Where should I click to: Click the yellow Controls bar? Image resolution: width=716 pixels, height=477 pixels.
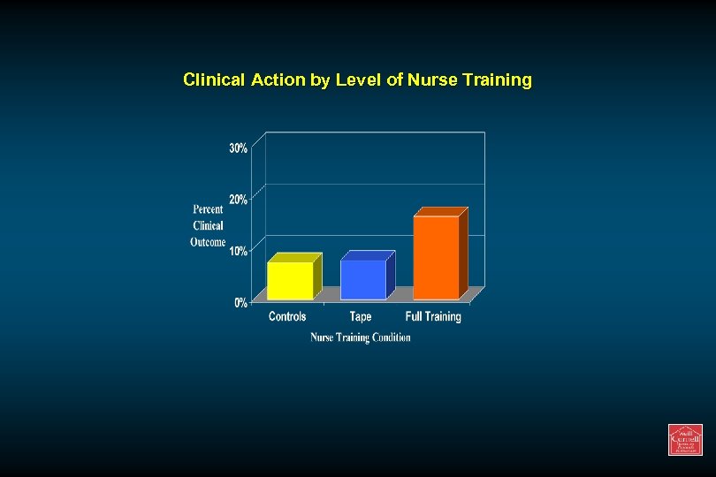(291, 280)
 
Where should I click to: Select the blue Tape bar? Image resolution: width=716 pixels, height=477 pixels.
(363, 279)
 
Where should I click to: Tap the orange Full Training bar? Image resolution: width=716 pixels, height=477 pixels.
(437, 257)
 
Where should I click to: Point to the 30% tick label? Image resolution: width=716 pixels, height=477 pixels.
(239, 148)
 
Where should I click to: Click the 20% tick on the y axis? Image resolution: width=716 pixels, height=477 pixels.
(239, 200)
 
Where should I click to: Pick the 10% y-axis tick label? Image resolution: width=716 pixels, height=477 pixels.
(239, 252)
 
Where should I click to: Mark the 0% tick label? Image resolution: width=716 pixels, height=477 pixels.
(240, 303)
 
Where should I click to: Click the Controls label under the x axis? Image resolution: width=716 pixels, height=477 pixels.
(287, 317)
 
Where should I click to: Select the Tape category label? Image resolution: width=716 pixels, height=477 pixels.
(361, 317)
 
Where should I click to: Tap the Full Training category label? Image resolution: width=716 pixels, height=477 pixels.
(433, 317)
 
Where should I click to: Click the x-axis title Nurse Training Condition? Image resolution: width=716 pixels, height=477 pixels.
(361, 337)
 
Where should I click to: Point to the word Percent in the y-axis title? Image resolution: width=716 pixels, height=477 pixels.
(209, 209)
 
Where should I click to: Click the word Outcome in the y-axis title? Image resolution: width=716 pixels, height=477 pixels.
(209, 242)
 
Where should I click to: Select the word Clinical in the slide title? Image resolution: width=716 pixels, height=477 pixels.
(215, 80)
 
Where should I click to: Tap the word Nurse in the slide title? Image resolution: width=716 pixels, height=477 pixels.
(430, 80)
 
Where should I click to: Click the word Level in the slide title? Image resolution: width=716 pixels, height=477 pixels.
(359, 80)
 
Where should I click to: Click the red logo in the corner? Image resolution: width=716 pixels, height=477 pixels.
(685, 440)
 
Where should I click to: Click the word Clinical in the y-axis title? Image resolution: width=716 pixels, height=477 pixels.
(209, 226)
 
